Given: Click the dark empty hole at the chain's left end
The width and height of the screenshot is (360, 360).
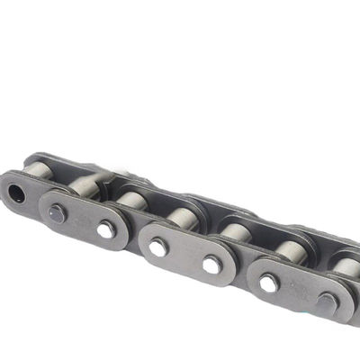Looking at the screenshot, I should click(x=15, y=192).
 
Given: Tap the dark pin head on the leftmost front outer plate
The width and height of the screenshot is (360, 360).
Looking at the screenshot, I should click(x=57, y=213).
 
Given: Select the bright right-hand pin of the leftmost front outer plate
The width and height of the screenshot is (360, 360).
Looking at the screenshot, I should click(x=106, y=230).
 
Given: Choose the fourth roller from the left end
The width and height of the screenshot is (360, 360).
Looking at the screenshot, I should click(x=184, y=217).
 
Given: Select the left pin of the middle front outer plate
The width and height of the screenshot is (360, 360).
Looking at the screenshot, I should click(x=158, y=247).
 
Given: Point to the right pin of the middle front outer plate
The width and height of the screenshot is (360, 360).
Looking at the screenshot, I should click(x=212, y=265).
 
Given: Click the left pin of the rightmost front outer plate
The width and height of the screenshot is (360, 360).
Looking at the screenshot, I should click(x=268, y=283).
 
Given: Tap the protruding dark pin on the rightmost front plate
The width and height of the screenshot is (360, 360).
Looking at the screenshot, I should click(x=326, y=302).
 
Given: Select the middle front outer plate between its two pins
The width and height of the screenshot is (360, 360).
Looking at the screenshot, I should click(x=185, y=256).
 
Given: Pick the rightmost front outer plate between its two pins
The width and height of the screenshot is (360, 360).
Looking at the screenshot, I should click(x=297, y=292).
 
